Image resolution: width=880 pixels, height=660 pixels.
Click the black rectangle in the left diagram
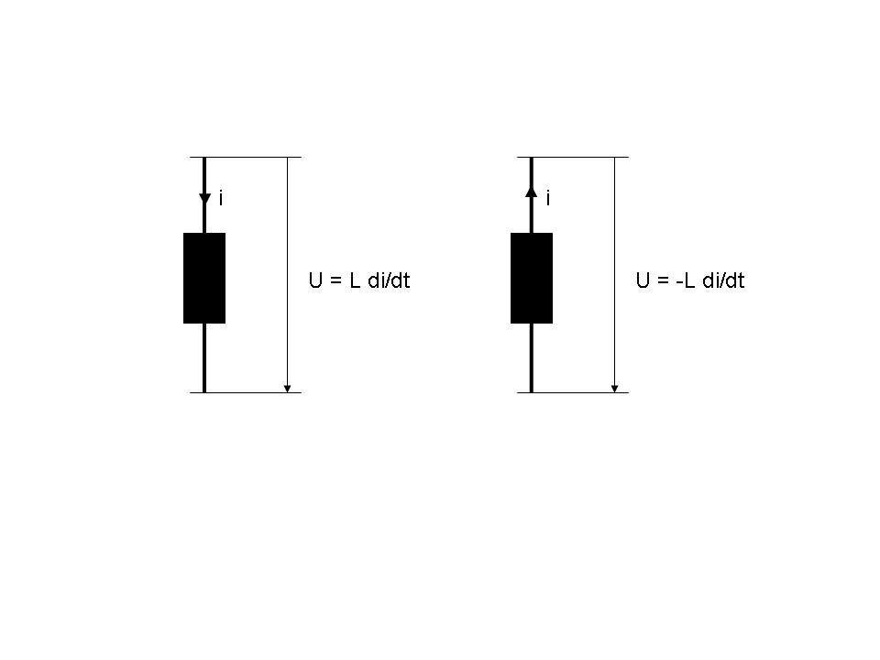coord(204,279)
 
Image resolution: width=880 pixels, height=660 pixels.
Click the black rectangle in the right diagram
coord(532,279)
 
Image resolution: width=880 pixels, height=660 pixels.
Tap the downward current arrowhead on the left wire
coord(204,199)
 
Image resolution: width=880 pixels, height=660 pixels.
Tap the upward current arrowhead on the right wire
coord(532,192)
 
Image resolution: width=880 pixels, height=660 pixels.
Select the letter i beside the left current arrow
coord(221,198)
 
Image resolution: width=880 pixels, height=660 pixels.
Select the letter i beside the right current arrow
coord(548,198)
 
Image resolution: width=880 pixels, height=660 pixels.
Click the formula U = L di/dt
coord(359,280)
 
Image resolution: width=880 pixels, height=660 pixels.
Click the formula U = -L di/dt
coord(690,280)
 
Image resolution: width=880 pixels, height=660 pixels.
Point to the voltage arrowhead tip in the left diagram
coord(287,392)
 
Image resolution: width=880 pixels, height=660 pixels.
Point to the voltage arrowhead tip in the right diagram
coord(614,392)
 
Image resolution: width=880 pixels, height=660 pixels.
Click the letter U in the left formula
coord(315,280)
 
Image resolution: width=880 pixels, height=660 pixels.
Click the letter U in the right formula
coord(643,280)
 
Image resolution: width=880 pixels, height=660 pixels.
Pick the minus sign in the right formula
coord(679,282)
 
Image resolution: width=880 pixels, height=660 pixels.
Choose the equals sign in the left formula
coord(335,280)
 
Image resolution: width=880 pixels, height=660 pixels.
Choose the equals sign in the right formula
coord(663,280)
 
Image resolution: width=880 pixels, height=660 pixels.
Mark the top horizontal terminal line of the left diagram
coord(246,157)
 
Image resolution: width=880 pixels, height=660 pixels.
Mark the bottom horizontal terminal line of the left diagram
coord(246,392)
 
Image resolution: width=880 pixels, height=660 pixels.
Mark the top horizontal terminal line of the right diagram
coord(573,157)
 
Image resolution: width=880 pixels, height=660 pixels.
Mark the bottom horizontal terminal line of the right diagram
coord(573,392)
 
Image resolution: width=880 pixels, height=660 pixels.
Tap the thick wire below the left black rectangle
coord(204,358)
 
